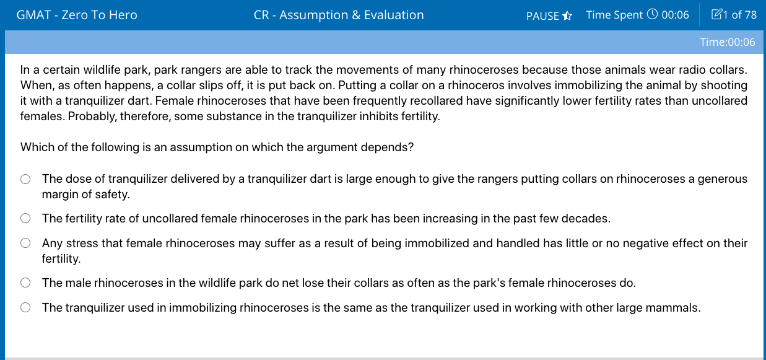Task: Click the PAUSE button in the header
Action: point(542,15)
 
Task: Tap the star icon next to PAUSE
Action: point(567,15)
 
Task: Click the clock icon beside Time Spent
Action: point(652,14)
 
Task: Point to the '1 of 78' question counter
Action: point(739,15)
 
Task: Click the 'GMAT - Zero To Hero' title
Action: point(77,15)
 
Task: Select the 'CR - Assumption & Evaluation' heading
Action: point(339,15)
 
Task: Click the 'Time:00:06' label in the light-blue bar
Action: point(728,42)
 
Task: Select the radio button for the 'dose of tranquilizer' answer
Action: point(25,179)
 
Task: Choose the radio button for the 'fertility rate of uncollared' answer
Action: point(25,218)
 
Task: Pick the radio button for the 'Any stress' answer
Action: point(25,244)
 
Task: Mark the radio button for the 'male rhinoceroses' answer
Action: point(25,283)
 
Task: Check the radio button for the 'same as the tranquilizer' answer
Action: point(25,308)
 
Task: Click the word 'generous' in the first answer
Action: point(723,179)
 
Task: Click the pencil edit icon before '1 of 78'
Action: point(716,14)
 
